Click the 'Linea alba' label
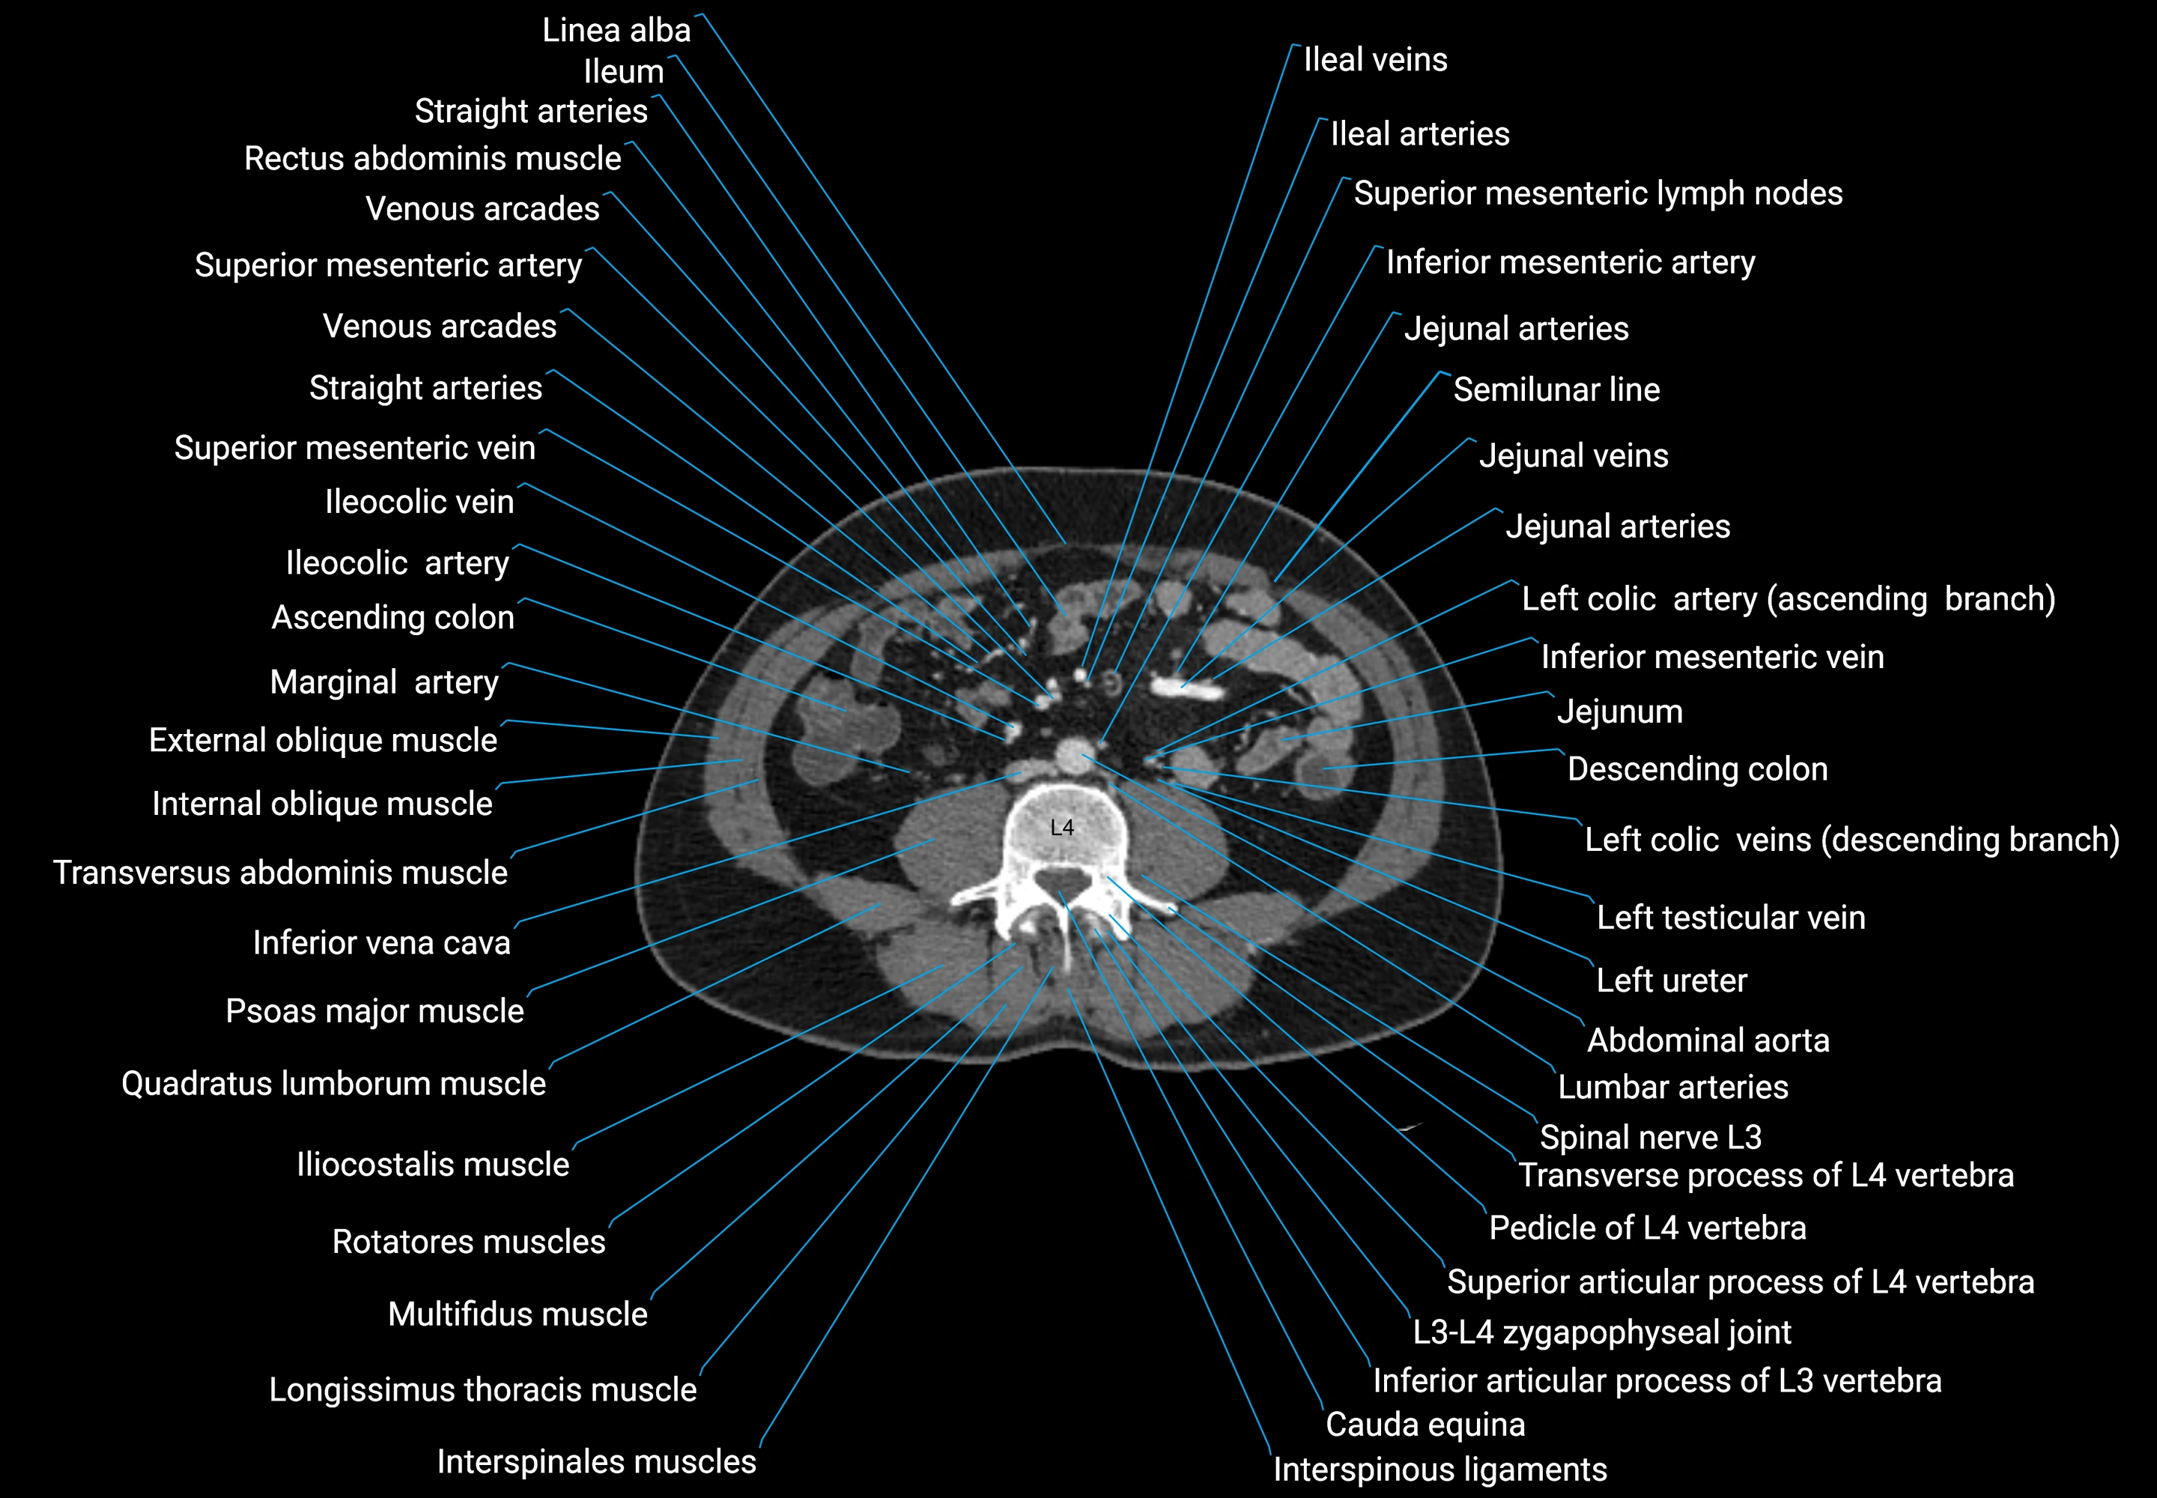616,30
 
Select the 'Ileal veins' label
1375,60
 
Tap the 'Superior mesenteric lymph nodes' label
1598,193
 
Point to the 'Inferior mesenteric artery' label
1571,262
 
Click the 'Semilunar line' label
1556,389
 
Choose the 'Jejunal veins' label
1573,456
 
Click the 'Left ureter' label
1671,981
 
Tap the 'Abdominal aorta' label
1708,1041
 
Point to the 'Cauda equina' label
1425,1425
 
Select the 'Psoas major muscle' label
374,1012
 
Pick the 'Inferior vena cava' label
381,943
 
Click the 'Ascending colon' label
392,618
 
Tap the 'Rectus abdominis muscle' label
432,159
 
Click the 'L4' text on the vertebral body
1061,828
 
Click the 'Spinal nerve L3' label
1650,1138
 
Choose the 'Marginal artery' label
384,682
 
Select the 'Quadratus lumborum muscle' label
333,1084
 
